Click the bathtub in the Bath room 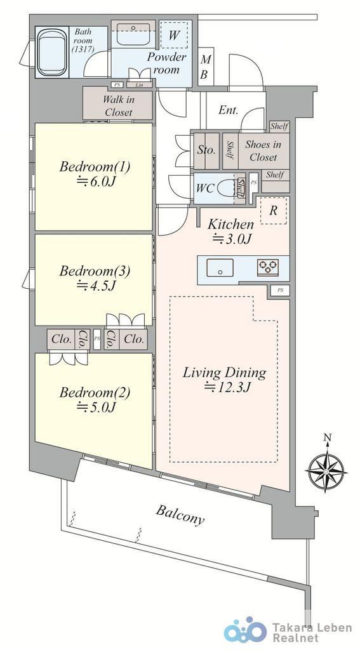coord(51,53)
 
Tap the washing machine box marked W coord(174,35)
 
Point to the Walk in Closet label coord(119,106)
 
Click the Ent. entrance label coord(228,110)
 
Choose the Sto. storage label coord(206,150)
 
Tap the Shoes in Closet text coord(263,150)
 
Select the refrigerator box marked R coord(273,211)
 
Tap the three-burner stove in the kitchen coord(267,267)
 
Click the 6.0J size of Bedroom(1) coord(95,182)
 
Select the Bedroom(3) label coord(95,271)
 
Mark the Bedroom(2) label coord(95,392)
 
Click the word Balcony coord(180,515)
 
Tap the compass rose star coord(326,472)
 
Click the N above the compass coord(328,437)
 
